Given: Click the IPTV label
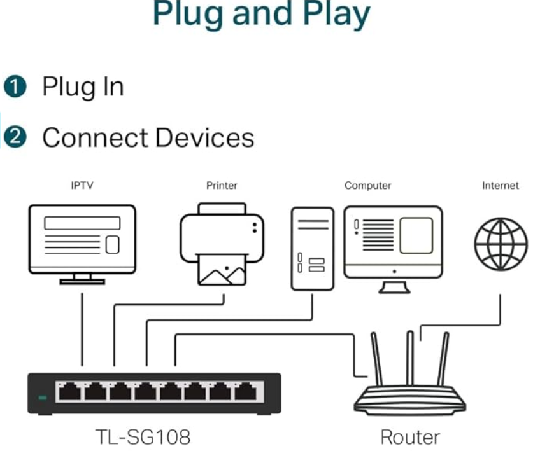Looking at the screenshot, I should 82,186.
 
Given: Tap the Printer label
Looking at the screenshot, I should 222,186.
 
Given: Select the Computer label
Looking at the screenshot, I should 367,186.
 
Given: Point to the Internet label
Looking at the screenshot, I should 500,186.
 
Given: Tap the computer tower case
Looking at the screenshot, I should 312,248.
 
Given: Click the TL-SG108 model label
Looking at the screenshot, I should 143,438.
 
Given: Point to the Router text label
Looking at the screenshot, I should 409,438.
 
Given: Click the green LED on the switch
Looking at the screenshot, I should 43,398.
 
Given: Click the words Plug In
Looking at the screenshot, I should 83,87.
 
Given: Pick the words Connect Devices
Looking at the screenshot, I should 148,137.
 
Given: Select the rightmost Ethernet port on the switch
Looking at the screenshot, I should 245,392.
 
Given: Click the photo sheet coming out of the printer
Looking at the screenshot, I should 222,272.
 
